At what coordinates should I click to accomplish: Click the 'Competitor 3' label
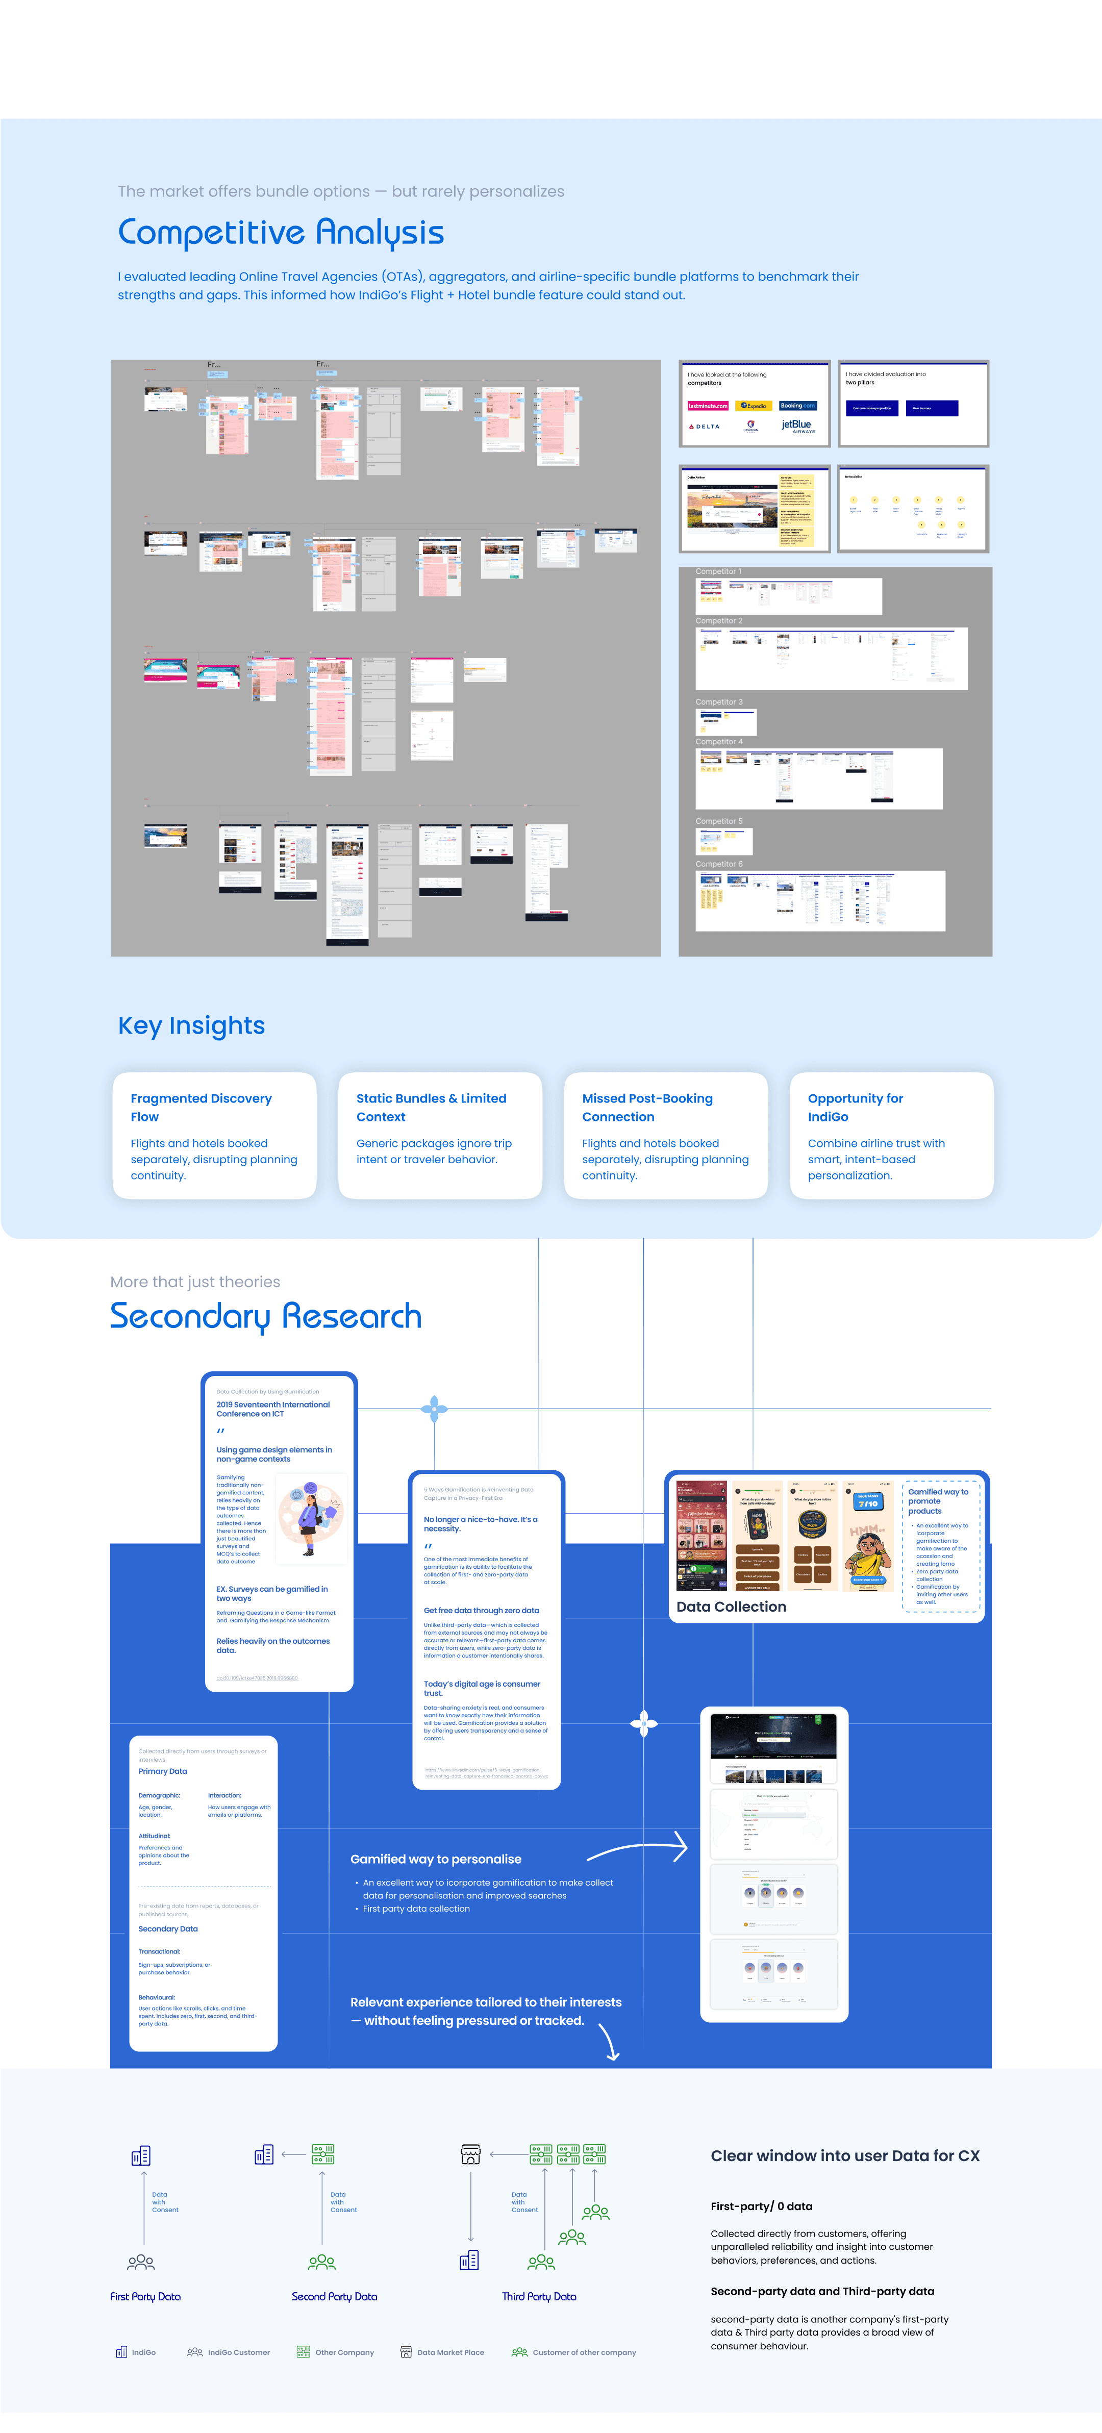click(x=719, y=702)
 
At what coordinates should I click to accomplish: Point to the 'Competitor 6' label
click(x=719, y=864)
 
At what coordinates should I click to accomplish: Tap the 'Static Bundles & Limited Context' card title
click(x=431, y=1107)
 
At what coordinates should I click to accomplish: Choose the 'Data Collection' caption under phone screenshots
click(x=731, y=1607)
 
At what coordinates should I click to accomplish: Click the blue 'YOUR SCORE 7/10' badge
click(x=868, y=1501)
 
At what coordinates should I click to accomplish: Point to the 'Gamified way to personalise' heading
click(x=435, y=1859)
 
